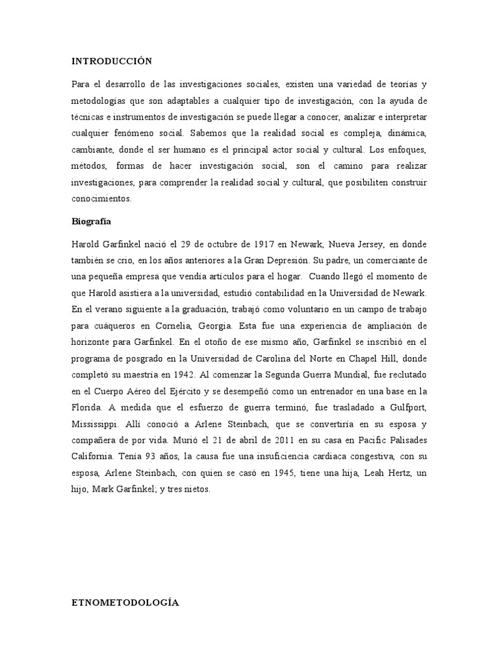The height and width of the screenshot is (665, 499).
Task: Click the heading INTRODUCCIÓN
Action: (111, 61)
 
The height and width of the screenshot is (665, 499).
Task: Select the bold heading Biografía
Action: (91, 221)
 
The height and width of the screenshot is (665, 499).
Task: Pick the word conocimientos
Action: (101, 199)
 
